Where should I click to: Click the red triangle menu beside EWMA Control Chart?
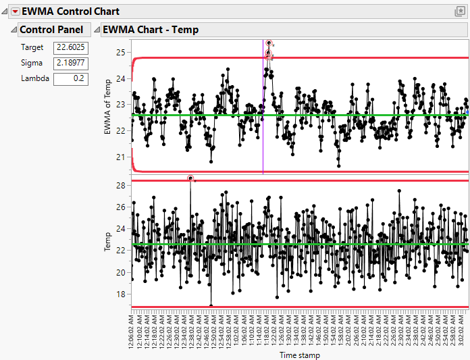tap(15, 11)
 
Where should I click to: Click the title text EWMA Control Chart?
tap(71, 11)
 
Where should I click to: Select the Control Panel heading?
tap(51, 30)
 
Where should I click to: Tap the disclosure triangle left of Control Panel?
tap(13, 30)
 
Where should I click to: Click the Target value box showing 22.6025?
tap(67, 48)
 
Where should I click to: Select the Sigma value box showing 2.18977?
tap(67, 63)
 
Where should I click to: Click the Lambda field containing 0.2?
tap(67, 78)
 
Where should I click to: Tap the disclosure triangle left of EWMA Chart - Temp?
tap(96, 30)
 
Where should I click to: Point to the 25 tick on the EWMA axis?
tap(121, 53)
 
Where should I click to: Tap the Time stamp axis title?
tap(300, 355)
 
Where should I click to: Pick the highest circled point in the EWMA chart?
tap(269, 43)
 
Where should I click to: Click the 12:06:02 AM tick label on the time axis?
tap(132, 328)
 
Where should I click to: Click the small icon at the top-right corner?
tap(461, 11)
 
